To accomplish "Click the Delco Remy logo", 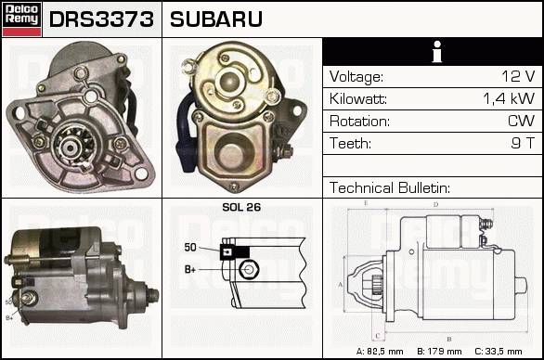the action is pos(21,19).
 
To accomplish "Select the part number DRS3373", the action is pos(101,19).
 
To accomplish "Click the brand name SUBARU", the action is pos(215,19).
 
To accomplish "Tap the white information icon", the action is pos(437,52).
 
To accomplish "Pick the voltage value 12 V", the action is pos(518,76).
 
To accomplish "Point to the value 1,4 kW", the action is pos(509,99).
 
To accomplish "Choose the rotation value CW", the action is pos(521,121).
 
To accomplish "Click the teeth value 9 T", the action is pos(523,143).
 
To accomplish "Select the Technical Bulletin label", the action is pos(390,188).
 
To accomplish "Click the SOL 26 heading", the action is pos(241,207).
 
